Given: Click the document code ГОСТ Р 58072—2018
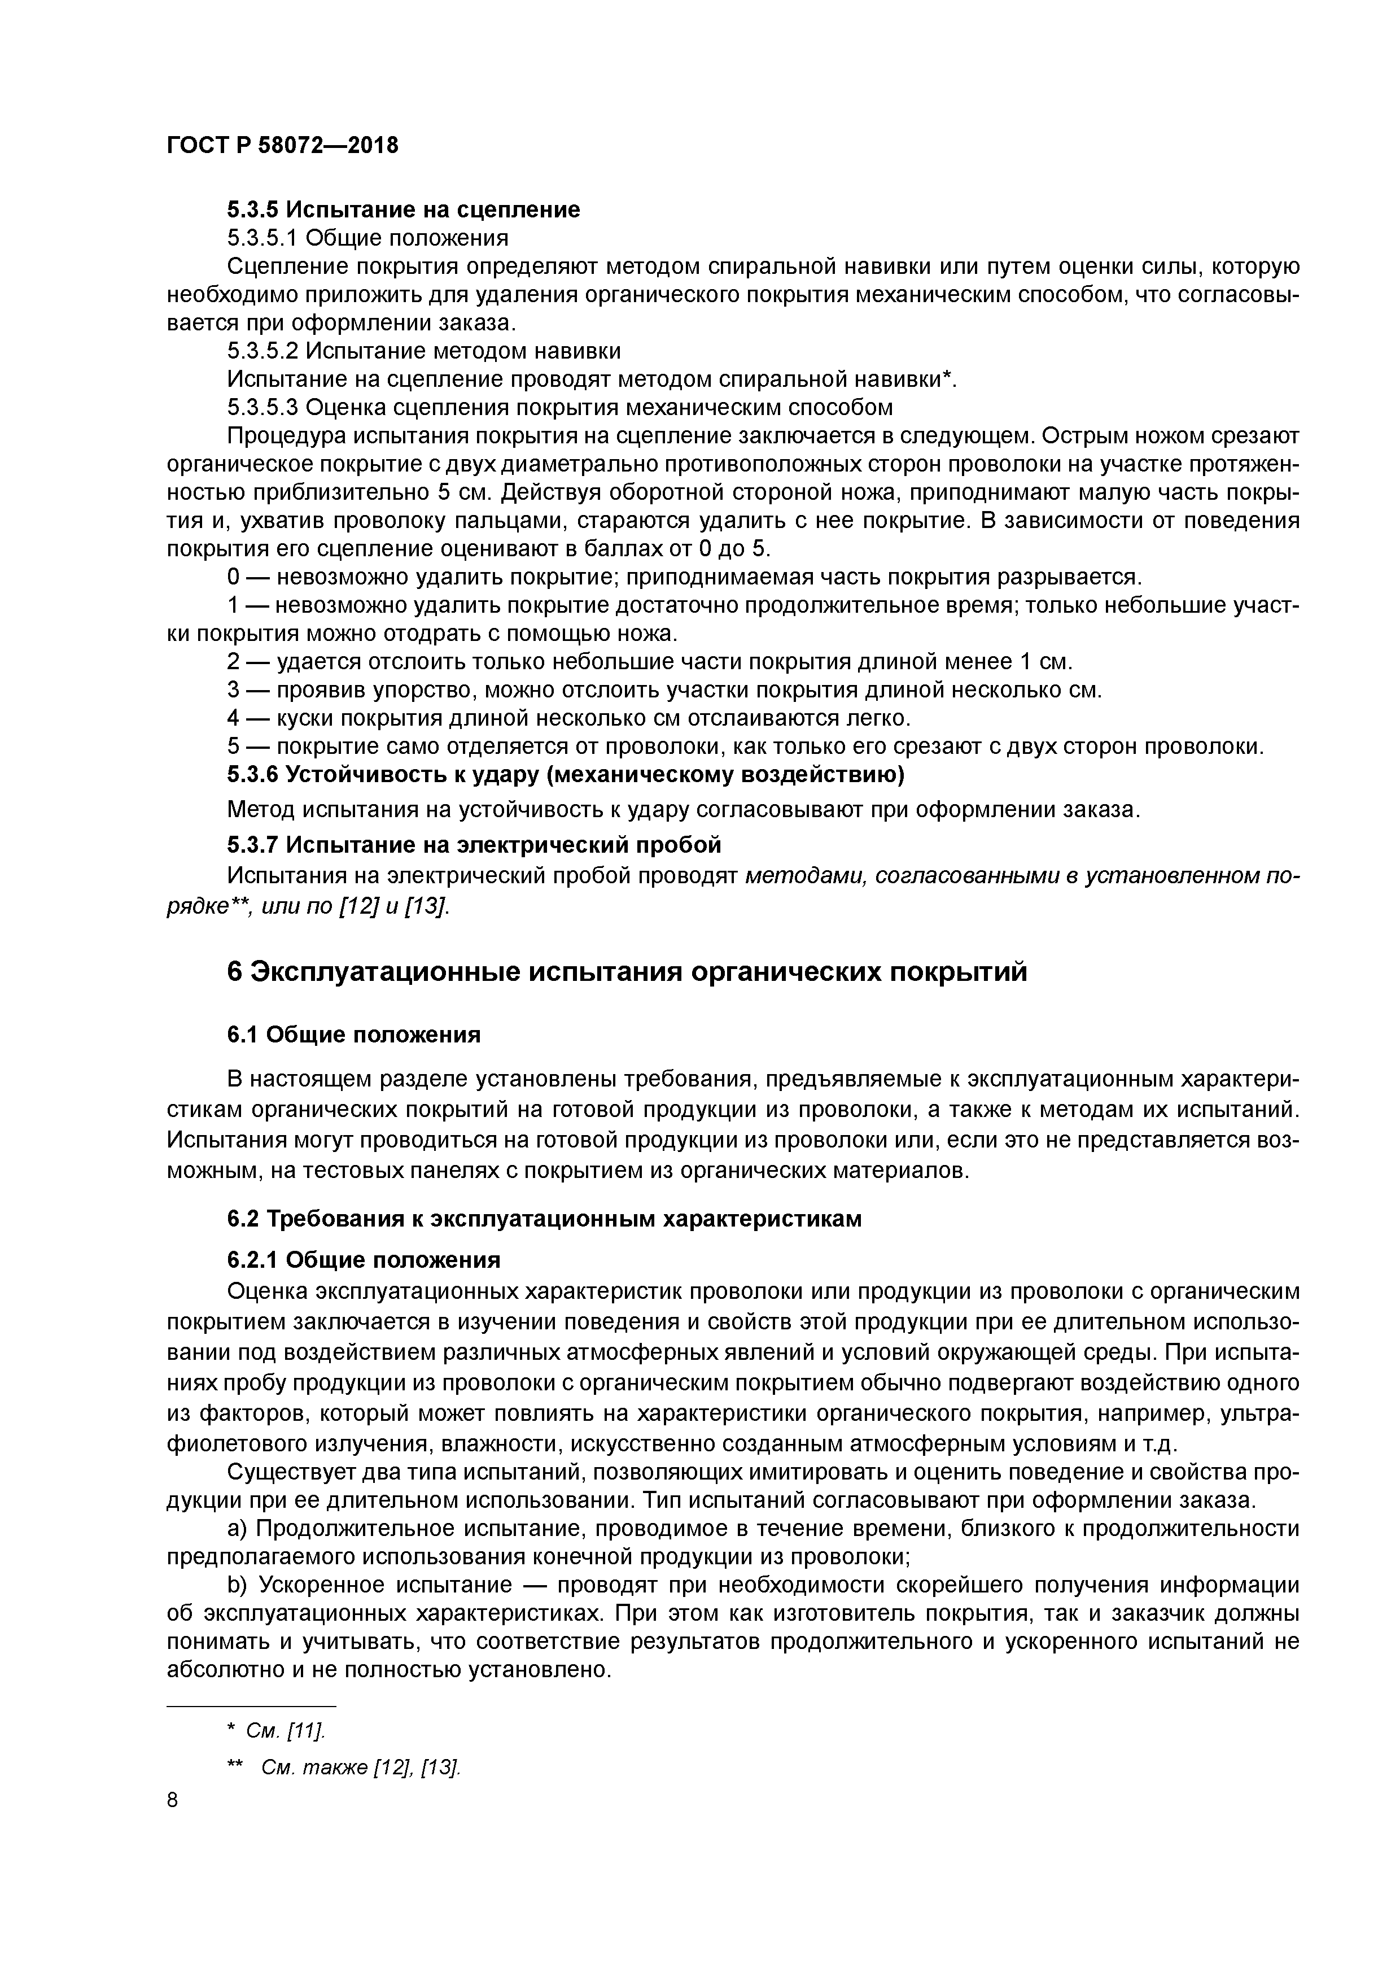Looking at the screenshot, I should click(282, 146).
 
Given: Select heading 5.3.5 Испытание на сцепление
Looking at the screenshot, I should click(403, 210).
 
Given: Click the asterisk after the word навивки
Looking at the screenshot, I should click(948, 377).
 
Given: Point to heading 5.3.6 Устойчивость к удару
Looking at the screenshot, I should click(565, 775).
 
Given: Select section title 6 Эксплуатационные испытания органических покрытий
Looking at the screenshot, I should click(627, 972).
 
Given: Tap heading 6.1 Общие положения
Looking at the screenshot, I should click(353, 1035).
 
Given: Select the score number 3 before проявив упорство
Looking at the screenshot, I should click(233, 690).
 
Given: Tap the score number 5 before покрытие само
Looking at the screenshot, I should click(233, 747).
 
